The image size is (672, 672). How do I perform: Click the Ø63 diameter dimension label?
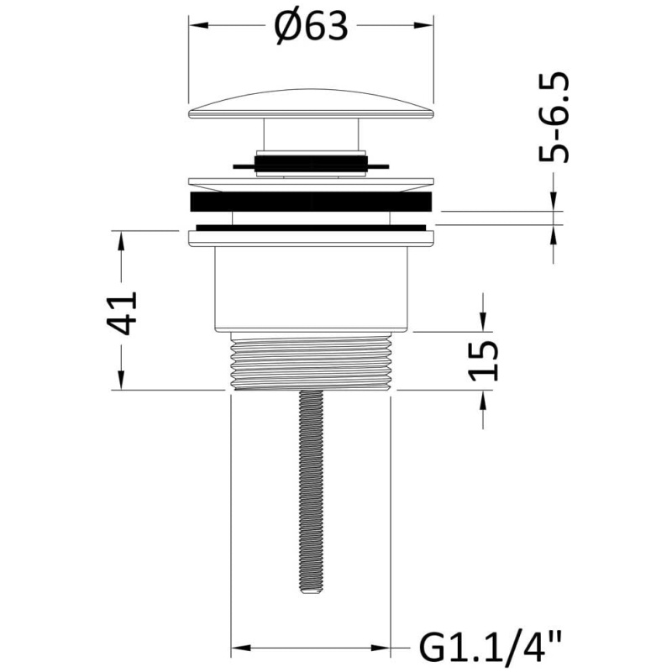click(x=311, y=27)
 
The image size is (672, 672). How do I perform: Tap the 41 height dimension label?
click(x=122, y=312)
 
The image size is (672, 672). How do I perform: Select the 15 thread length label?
click(x=484, y=360)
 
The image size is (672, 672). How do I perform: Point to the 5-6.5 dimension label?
click(x=554, y=117)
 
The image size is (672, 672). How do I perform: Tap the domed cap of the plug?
click(x=311, y=103)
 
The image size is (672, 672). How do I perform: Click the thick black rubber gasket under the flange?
click(x=311, y=202)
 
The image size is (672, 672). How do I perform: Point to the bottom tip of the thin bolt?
click(x=311, y=593)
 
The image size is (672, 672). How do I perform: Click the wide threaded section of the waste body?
click(x=311, y=361)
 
